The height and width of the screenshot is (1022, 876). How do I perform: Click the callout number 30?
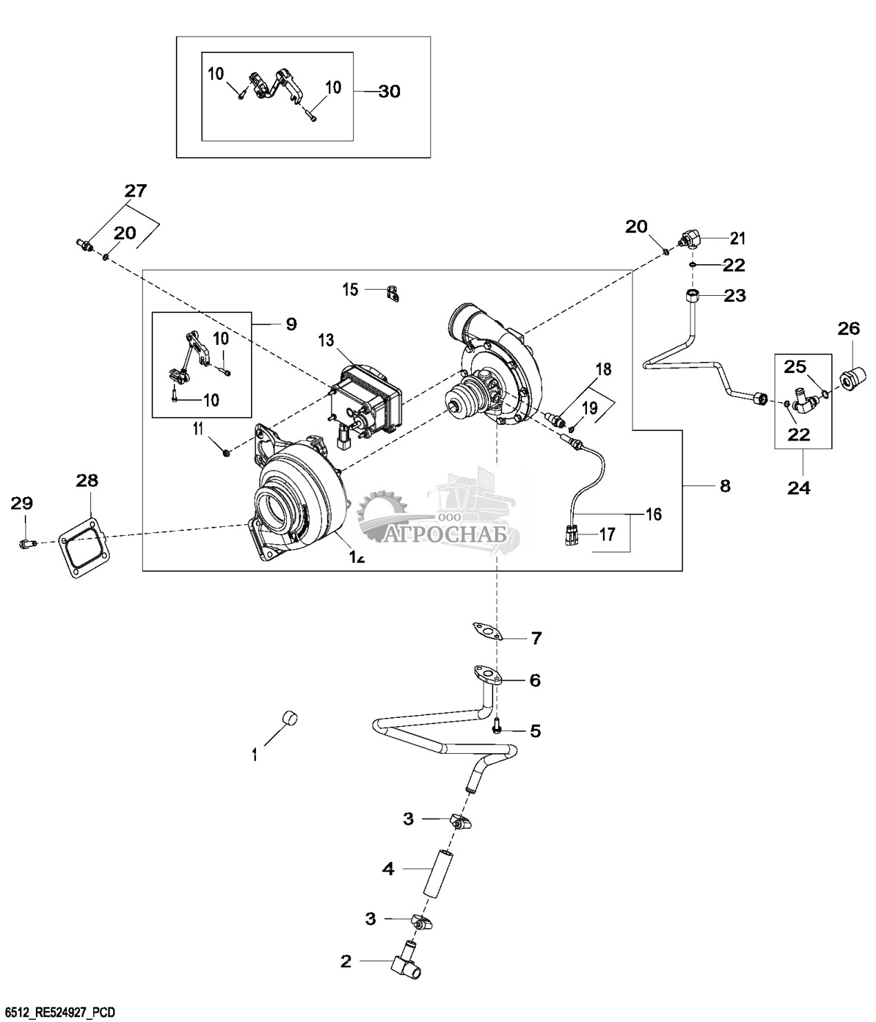(x=389, y=91)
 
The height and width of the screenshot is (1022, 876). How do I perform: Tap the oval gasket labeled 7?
(x=485, y=630)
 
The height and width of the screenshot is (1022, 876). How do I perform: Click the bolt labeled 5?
(x=497, y=728)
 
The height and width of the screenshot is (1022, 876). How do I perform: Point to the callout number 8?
(x=724, y=485)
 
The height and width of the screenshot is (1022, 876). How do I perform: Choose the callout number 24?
(x=800, y=488)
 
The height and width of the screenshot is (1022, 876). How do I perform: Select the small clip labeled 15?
(x=393, y=292)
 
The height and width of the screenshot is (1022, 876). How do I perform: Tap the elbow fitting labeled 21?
(x=690, y=240)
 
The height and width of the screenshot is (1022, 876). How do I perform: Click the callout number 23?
(x=735, y=296)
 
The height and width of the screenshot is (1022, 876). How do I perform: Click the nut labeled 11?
(x=226, y=452)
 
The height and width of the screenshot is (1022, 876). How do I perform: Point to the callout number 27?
(x=136, y=191)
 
